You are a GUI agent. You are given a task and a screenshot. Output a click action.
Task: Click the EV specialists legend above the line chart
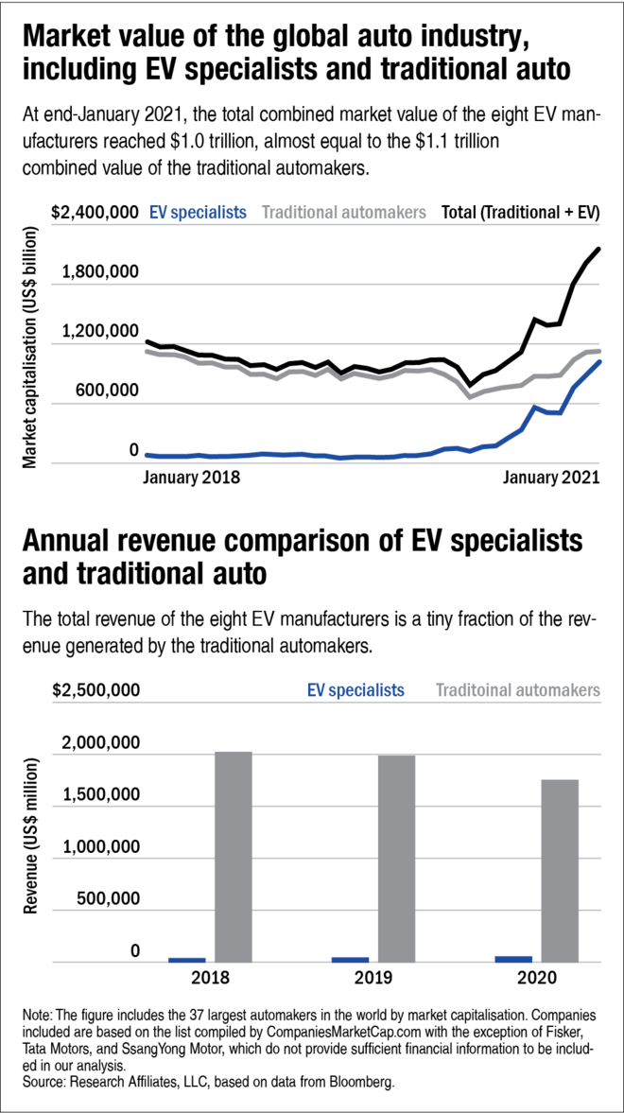197,213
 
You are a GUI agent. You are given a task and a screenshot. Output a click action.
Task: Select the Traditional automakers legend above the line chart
343,213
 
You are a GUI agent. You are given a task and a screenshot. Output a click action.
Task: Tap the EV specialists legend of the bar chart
355,690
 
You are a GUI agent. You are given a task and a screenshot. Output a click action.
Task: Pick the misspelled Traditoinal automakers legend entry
517,690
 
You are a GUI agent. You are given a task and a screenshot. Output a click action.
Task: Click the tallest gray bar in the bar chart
233,856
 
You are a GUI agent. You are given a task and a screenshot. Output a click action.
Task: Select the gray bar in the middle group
396,859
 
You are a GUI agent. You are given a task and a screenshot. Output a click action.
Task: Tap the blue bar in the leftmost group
187,959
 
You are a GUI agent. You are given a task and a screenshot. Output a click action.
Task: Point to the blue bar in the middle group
350,959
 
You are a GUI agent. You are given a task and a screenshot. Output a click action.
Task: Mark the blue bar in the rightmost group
513,958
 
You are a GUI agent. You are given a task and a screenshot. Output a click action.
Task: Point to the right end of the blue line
599,360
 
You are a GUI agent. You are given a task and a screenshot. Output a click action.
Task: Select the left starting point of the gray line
147,351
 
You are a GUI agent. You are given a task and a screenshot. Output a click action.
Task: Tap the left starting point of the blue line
147,455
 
